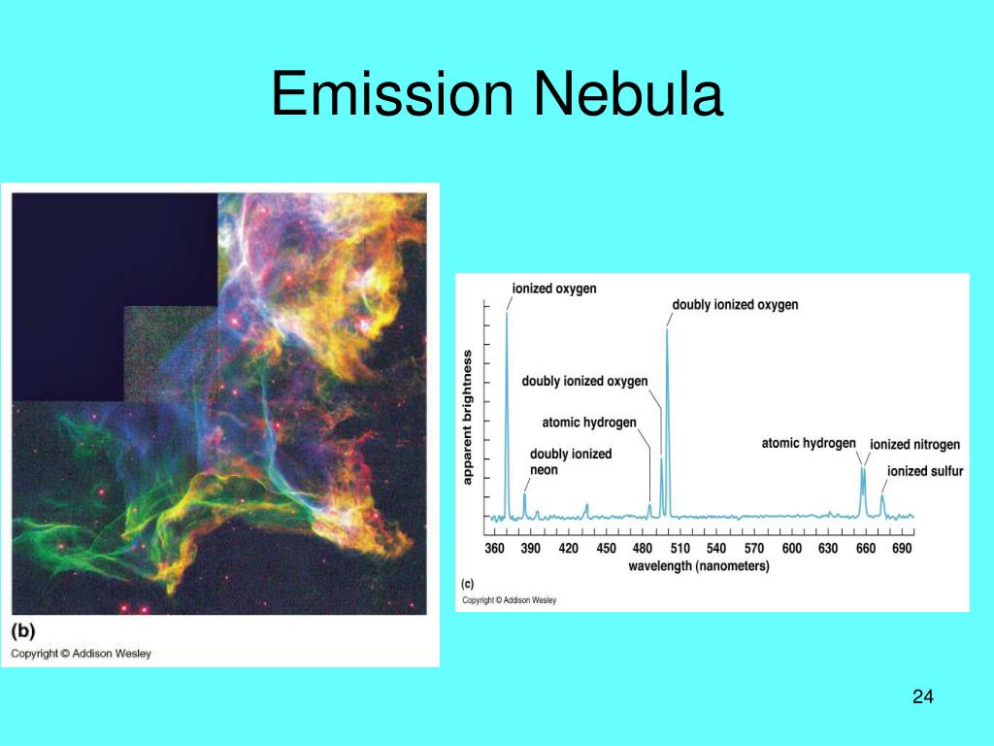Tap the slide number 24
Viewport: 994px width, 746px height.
923,696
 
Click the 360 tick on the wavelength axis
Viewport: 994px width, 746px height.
494,549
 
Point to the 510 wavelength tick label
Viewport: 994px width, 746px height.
679,549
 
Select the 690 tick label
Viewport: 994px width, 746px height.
902,549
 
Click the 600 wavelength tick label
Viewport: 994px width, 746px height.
791,549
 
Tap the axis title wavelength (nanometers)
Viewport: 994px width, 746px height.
699,565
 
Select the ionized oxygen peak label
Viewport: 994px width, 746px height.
554,288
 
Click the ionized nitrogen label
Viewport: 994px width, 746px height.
914,445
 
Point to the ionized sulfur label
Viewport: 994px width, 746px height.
925,472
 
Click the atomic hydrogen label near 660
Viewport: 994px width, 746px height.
809,443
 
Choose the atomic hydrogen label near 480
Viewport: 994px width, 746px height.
589,423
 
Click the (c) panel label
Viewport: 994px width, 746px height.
467,584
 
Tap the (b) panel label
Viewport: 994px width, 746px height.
22,629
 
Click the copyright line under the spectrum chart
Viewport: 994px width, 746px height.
509,600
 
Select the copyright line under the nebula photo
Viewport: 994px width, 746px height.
81,654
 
